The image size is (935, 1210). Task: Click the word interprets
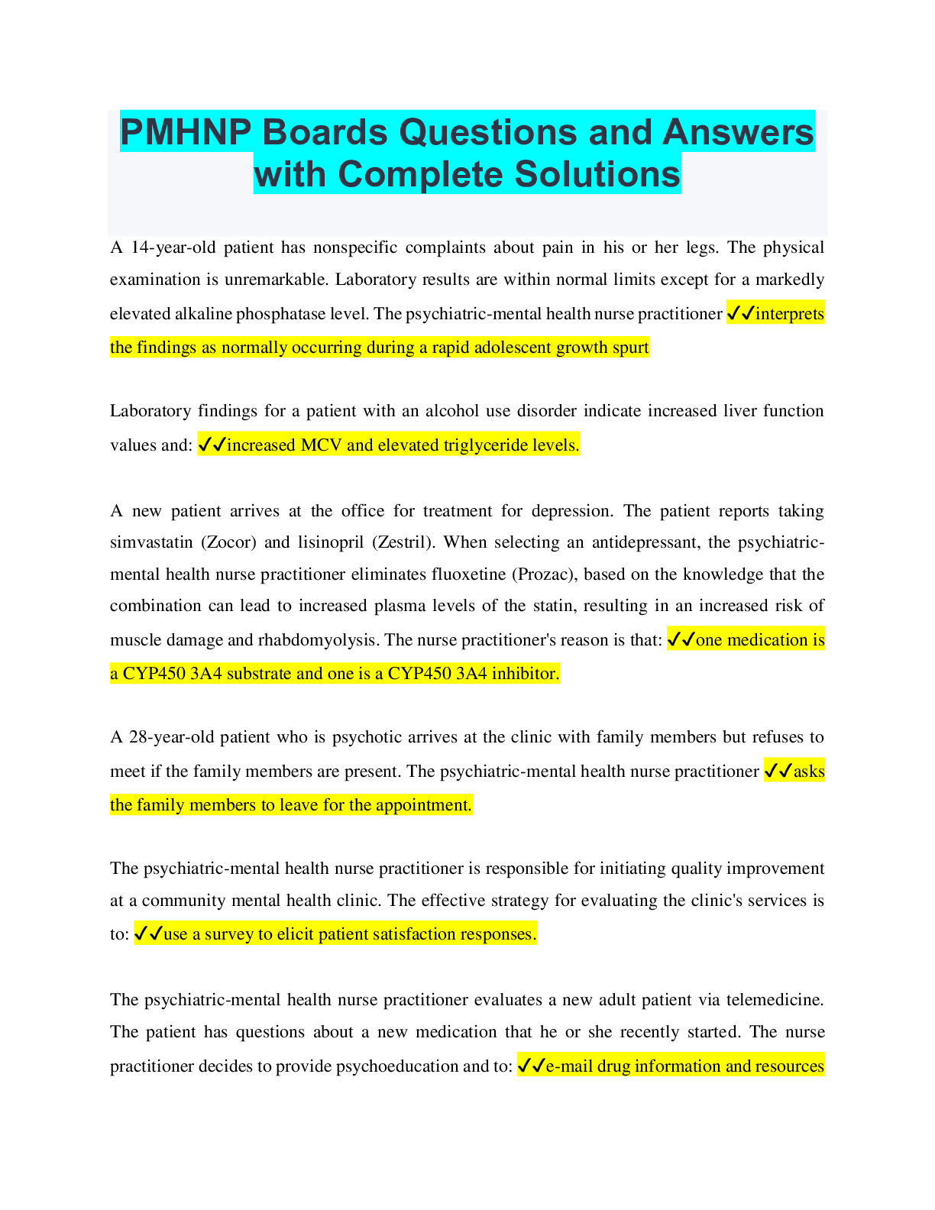point(790,314)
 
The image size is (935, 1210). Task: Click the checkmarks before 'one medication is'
point(681,640)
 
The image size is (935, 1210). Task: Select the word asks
point(809,772)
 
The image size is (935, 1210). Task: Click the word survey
point(230,934)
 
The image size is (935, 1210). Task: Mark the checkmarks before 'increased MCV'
point(212,445)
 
